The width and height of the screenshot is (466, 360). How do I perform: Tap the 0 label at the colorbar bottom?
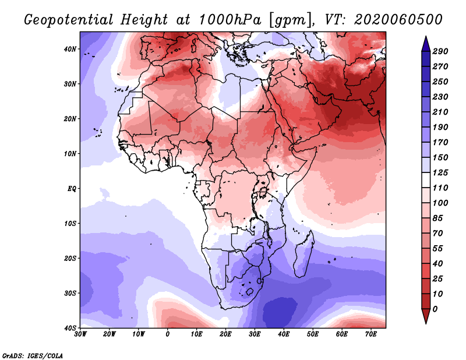click(435, 308)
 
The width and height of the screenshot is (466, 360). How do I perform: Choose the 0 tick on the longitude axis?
click(168, 334)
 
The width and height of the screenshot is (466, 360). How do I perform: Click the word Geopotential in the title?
click(69, 19)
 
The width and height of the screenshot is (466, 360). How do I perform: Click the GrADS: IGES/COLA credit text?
click(33, 355)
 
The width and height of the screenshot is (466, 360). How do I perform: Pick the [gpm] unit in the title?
click(289, 19)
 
